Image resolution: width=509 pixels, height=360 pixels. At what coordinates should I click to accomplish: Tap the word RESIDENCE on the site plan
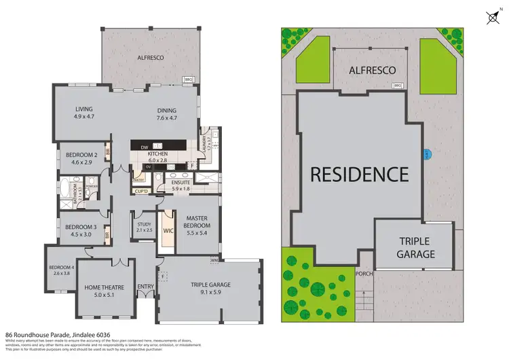359,173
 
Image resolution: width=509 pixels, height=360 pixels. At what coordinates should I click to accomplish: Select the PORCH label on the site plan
364,274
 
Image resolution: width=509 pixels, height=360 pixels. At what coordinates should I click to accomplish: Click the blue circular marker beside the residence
426,154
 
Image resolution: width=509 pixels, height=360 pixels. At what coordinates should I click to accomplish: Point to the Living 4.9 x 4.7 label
83,113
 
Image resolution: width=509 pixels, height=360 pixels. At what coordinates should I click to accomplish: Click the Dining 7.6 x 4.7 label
166,114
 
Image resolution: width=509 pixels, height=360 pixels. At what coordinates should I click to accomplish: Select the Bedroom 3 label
81,231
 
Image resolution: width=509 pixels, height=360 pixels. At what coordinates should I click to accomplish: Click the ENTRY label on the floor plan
146,287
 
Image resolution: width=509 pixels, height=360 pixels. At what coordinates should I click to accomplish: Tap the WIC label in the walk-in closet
168,231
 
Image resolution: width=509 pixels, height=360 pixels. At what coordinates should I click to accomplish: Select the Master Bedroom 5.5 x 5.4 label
197,221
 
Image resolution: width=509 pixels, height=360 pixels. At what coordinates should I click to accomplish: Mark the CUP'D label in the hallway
141,191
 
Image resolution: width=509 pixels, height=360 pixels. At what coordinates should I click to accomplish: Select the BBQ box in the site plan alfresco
398,86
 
